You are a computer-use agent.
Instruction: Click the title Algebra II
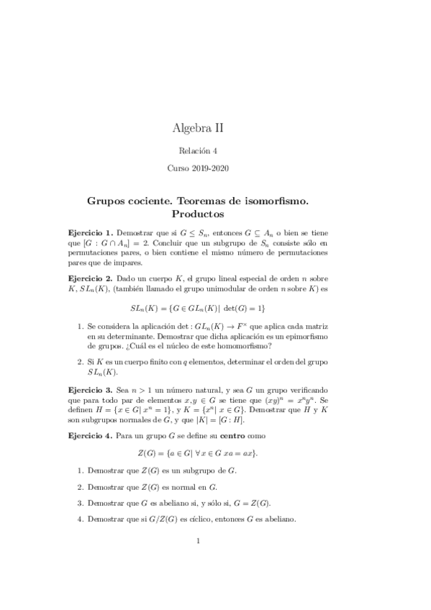click(198, 129)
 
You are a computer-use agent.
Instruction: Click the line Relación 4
click(198, 151)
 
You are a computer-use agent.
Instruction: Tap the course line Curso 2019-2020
click(198, 170)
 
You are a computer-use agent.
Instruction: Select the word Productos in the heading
click(198, 214)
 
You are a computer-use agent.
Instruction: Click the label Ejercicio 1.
click(90, 233)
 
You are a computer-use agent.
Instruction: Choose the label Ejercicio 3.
click(90, 388)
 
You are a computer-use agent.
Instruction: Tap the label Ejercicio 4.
click(90, 436)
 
